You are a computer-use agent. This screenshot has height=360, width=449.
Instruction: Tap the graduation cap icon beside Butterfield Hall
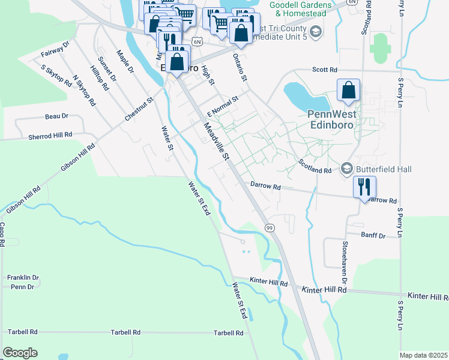click(346, 169)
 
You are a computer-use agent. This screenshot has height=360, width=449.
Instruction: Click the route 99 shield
click(270, 227)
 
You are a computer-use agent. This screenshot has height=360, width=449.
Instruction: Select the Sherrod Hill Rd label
click(50, 136)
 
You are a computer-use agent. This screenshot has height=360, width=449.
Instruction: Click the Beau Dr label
click(56, 116)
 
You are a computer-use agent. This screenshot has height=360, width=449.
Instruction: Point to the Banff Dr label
click(373, 236)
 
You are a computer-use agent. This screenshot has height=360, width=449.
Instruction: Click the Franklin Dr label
click(23, 278)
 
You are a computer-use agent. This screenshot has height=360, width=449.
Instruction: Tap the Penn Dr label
click(22, 287)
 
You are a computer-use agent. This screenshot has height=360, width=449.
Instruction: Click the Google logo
click(20, 353)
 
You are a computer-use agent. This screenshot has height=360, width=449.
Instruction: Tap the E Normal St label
click(223, 105)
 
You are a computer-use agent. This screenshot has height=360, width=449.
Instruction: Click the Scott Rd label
click(325, 70)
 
